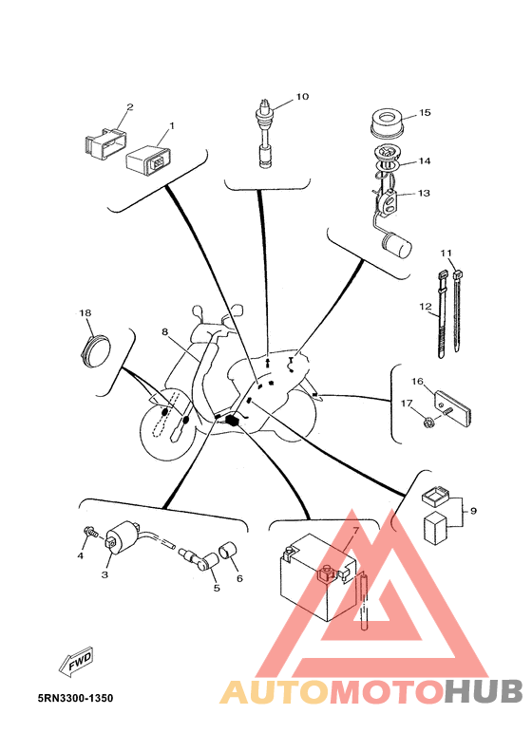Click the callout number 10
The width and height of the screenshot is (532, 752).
[x=302, y=97]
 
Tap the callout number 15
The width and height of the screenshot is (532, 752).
[x=425, y=113]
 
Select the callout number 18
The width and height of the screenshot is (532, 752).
[x=85, y=313]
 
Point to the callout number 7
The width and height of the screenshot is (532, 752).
[x=355, y=531]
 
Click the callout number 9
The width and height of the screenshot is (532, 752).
[x=473, y=511]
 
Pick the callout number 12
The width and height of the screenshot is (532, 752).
[x=426, y=306]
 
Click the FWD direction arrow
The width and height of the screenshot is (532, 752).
[x=76, y=663]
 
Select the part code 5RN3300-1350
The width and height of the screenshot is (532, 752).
[x=75, y=698]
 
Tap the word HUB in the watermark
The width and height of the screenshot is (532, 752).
[x=484, y=692]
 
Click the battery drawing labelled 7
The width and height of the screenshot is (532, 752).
[x=317, y=577]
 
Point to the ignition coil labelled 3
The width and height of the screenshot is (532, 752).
[x=123, y=536]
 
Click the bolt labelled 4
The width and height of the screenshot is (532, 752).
[x=90, y=532]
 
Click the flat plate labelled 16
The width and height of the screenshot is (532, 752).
[x=454, y=407]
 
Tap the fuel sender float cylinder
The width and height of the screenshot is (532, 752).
[x=396, y=245]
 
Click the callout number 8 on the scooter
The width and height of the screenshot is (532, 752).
[x=164, y=332]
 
